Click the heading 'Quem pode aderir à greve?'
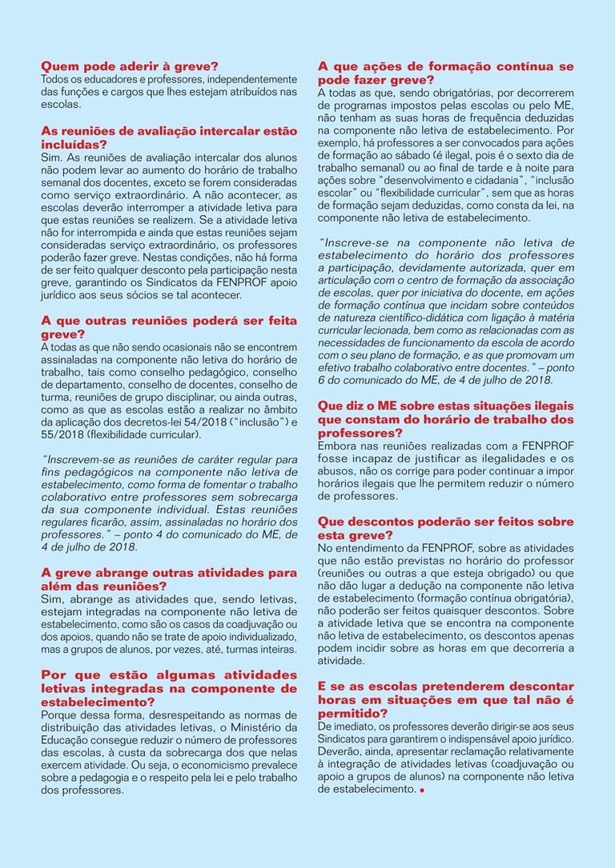click(x=130, y=66)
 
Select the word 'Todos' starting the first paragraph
click(x=55, y=79)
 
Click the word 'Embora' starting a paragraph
click(x=338, y=445)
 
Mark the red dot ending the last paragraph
click(x=421, y=790)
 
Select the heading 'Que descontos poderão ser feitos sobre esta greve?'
click(x=445, y=528)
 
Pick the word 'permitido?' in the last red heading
click(x=353, y=712)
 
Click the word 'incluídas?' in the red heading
click(x=74, y=144)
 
